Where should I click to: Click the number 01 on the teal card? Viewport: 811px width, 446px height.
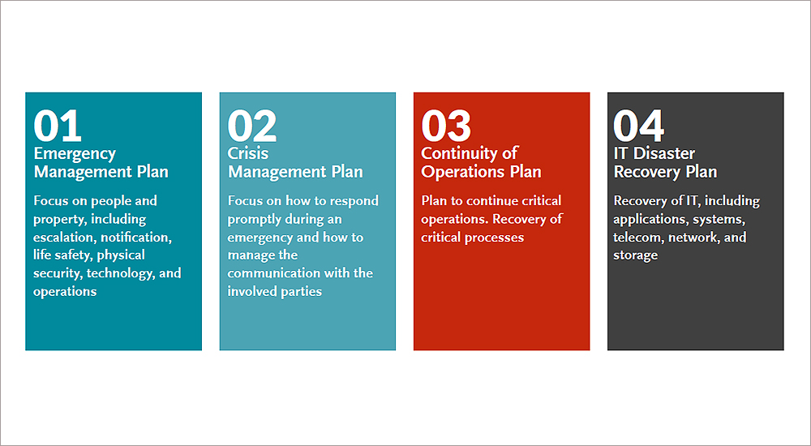(58, 126)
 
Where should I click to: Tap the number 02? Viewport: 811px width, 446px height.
(252, 126)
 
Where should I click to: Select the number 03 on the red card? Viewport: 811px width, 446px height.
(446, 126)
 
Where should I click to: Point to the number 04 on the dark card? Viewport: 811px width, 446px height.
(638, 126)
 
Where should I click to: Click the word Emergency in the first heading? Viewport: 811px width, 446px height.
(75, 154)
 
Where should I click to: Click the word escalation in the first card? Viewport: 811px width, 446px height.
(65, 237)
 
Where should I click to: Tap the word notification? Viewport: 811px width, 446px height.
(136, 237)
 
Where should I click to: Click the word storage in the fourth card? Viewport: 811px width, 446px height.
(636, 255)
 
